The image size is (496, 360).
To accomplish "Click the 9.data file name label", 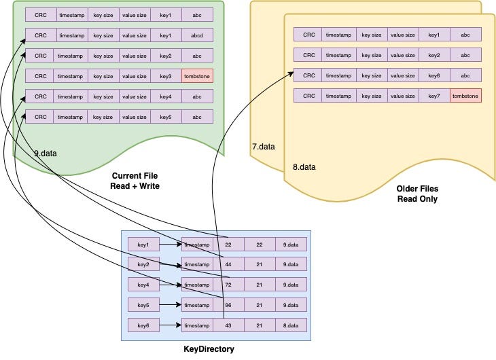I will (46, 154).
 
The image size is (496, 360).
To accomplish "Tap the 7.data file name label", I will (263, 146).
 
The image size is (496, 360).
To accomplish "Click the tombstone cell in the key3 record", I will (198, 76).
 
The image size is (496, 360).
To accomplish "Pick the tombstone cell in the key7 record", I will (465, 96).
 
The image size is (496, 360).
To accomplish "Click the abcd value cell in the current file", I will (198, 35).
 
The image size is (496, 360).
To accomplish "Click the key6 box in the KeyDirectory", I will (143, 326).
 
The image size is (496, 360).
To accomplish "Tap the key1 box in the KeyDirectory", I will (143, 243).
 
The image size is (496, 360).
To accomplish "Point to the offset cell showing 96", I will (228, 305).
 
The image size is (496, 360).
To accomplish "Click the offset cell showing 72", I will (228, 285).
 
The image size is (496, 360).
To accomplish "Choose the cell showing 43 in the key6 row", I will (228, 326).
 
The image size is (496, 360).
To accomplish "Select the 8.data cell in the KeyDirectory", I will (291, 326).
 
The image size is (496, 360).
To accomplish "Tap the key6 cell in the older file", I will (434, 75).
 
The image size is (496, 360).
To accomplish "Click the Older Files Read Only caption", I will (417, 194).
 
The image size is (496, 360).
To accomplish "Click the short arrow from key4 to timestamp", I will (170, 285).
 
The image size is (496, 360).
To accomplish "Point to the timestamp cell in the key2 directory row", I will (197, 264).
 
